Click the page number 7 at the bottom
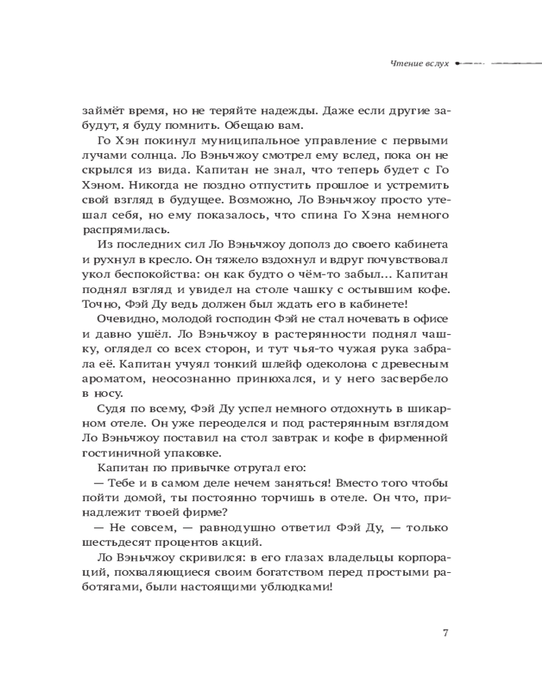click(x=444, y=633)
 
